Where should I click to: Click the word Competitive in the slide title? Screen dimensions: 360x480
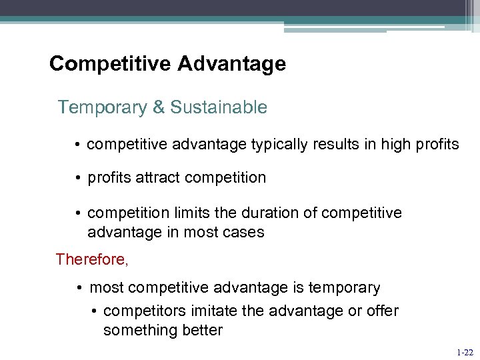109,64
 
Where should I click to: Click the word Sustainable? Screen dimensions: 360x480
221,107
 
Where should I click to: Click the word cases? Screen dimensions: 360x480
244,233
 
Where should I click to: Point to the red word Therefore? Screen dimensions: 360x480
91,259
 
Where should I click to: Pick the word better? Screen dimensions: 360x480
199,331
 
